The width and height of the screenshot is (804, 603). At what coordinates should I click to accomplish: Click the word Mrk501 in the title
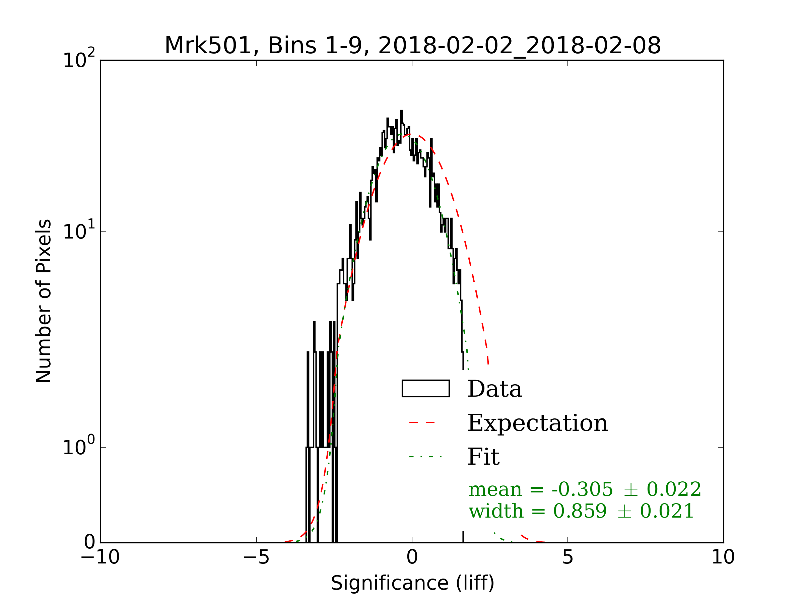(x=208, y=46)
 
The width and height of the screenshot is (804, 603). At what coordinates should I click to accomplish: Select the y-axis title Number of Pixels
(x=44, y=301)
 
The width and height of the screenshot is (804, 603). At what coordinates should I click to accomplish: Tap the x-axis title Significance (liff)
(x=412, y=583)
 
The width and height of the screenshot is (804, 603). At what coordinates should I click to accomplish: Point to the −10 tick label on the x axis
(x=100, y=557)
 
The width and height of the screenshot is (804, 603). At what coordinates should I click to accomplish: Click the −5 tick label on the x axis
(x=256, y=557)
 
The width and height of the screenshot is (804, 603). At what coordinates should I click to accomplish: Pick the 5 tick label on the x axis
(x=567, y=557)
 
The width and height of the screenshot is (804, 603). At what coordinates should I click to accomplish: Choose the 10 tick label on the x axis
(x=723, y=557)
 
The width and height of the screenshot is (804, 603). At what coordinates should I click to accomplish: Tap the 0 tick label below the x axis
(x=412, y=557)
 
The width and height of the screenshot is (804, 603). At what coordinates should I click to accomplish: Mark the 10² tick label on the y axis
(x=78, y=60)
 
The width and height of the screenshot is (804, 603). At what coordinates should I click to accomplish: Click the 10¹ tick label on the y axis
(x=78, y=231)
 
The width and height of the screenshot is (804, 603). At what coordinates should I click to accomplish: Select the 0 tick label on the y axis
(x=89, y=543)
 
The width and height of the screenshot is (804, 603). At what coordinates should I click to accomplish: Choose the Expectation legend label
(x=537, y=423)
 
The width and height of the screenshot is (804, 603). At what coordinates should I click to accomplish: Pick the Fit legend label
(x=483, y=457)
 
